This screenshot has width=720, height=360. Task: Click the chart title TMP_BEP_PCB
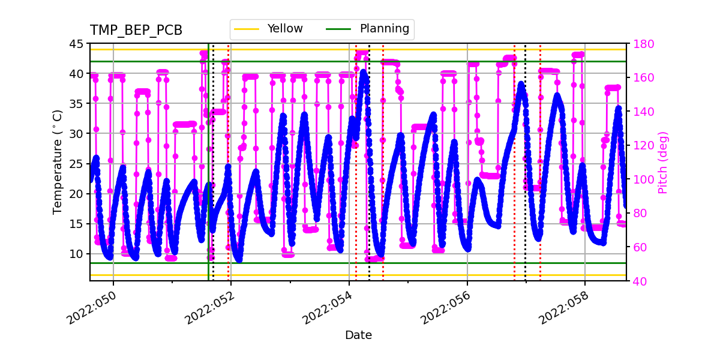coord(136,31)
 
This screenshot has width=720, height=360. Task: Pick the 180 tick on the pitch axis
coord(640,44)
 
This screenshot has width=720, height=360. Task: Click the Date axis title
coord(358,335)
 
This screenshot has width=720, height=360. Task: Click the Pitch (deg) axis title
coord(663,162)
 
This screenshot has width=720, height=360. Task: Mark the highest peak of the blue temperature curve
coord(363,73)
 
